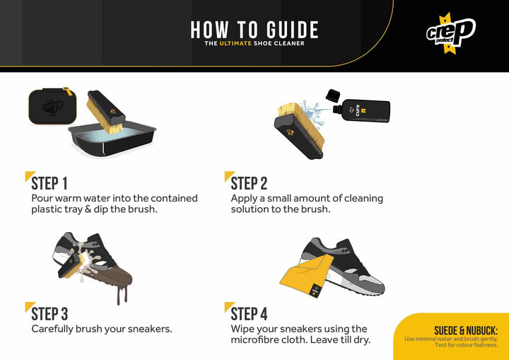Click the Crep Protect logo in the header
coord(451,33)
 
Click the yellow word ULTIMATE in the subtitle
coord(235,43)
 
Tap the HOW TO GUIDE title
coord(255,30)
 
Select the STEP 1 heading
coord(49,183)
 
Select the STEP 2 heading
coord(249,183)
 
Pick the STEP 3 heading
coord(49,314)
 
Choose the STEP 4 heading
coord(250,314)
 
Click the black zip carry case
coord(52,106)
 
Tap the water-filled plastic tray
coord(112,139)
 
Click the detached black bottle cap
coord(332,95)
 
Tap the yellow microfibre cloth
coord(308,275)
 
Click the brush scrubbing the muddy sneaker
coord(72,265)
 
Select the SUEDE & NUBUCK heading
coord(466,331)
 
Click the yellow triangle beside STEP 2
coord(228,175)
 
